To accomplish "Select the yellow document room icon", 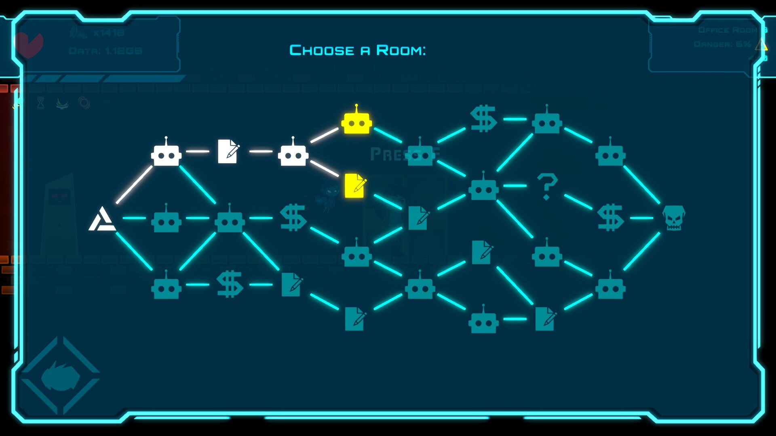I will [x=355, y=186].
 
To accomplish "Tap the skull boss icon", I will [x=673, y=218].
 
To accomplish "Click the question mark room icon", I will [x=547, y=186].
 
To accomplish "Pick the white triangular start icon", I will [x=101, y=219].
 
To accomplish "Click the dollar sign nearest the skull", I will [x=610, y=218].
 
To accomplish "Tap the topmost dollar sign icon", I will [x=483, y=119].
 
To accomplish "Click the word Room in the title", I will [x=401, y=50].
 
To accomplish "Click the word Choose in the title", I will [x=322, y=50].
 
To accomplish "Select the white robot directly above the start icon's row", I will [x=166, y=153].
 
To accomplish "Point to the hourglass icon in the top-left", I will [x=41, y=103].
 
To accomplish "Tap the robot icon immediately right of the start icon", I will [x=166, y=220].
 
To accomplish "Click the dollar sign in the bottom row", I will [x=230, y=284].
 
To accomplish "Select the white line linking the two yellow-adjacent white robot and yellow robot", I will [x=324, y=135].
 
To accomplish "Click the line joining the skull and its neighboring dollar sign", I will [x=641, y=218].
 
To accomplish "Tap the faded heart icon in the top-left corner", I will [x=28, y=44].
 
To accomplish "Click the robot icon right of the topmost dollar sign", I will [x=547, y=121].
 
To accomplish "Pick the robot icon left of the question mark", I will [x=483, y=188].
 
